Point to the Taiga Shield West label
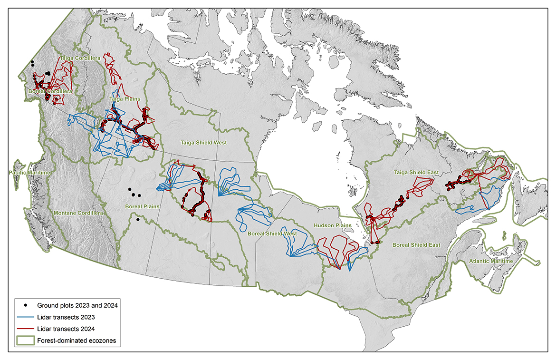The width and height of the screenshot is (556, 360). tap(203, 143)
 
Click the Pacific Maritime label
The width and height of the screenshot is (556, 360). tap(30, 172)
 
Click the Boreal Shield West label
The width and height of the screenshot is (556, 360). tap(272, 234)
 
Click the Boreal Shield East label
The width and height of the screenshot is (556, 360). tap(416, 245)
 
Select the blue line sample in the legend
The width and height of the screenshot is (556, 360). tap(25, 317)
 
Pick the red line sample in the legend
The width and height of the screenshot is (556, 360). tap(25, 329)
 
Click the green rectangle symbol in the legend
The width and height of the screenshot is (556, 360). tap(25, 341)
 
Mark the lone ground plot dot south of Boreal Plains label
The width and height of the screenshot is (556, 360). tap(137, 220)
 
